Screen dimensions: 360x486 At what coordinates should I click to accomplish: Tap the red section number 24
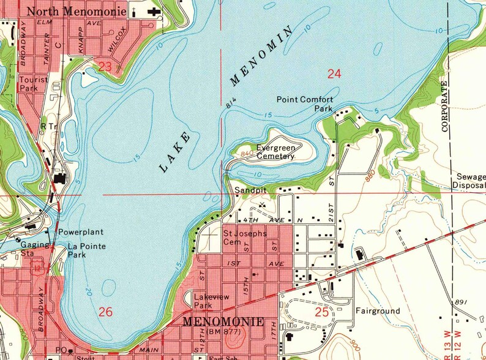334,74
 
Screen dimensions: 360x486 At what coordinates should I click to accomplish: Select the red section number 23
105,66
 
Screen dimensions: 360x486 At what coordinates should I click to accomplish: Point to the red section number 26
105,312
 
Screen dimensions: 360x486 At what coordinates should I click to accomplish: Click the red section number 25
322,312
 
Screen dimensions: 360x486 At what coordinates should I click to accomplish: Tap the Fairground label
378,311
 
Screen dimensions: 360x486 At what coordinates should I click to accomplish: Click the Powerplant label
80,233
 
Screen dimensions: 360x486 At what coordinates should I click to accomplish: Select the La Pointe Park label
86,250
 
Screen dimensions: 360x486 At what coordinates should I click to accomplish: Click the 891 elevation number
462,303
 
